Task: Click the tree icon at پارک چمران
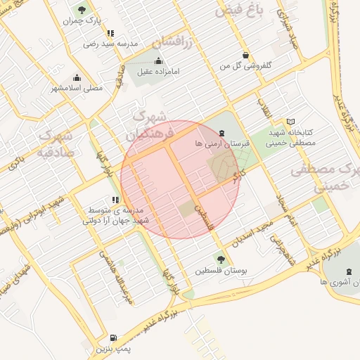(82, 10)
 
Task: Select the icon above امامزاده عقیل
(158, 60)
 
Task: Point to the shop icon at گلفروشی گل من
(245, 55)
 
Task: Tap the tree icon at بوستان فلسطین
(223, 258)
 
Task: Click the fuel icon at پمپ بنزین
(115, 337)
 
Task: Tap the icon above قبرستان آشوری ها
(349, 271)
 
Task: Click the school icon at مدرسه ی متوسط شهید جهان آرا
(115, 200)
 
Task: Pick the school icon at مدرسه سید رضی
(110, 33)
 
